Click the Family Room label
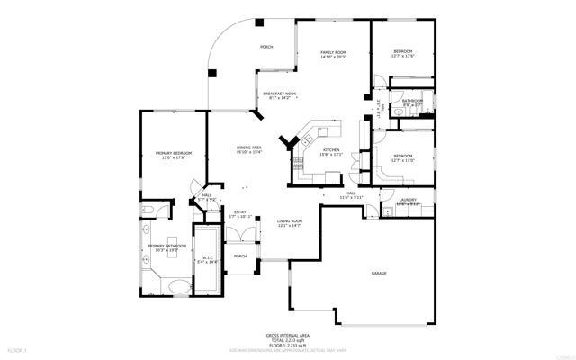tap(334, 53)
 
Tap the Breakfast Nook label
tap(280, 94)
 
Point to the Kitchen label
tap(331, 149)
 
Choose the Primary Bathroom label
tap(166, 246)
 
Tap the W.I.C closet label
tap(207, 257)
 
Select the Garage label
tap(380, 273)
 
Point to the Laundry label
tap(407, 200)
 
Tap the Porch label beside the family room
tap(266, 47)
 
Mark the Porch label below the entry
tap(240, 256)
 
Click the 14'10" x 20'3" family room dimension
tap(334, 58)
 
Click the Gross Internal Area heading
tap(288, 334)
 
